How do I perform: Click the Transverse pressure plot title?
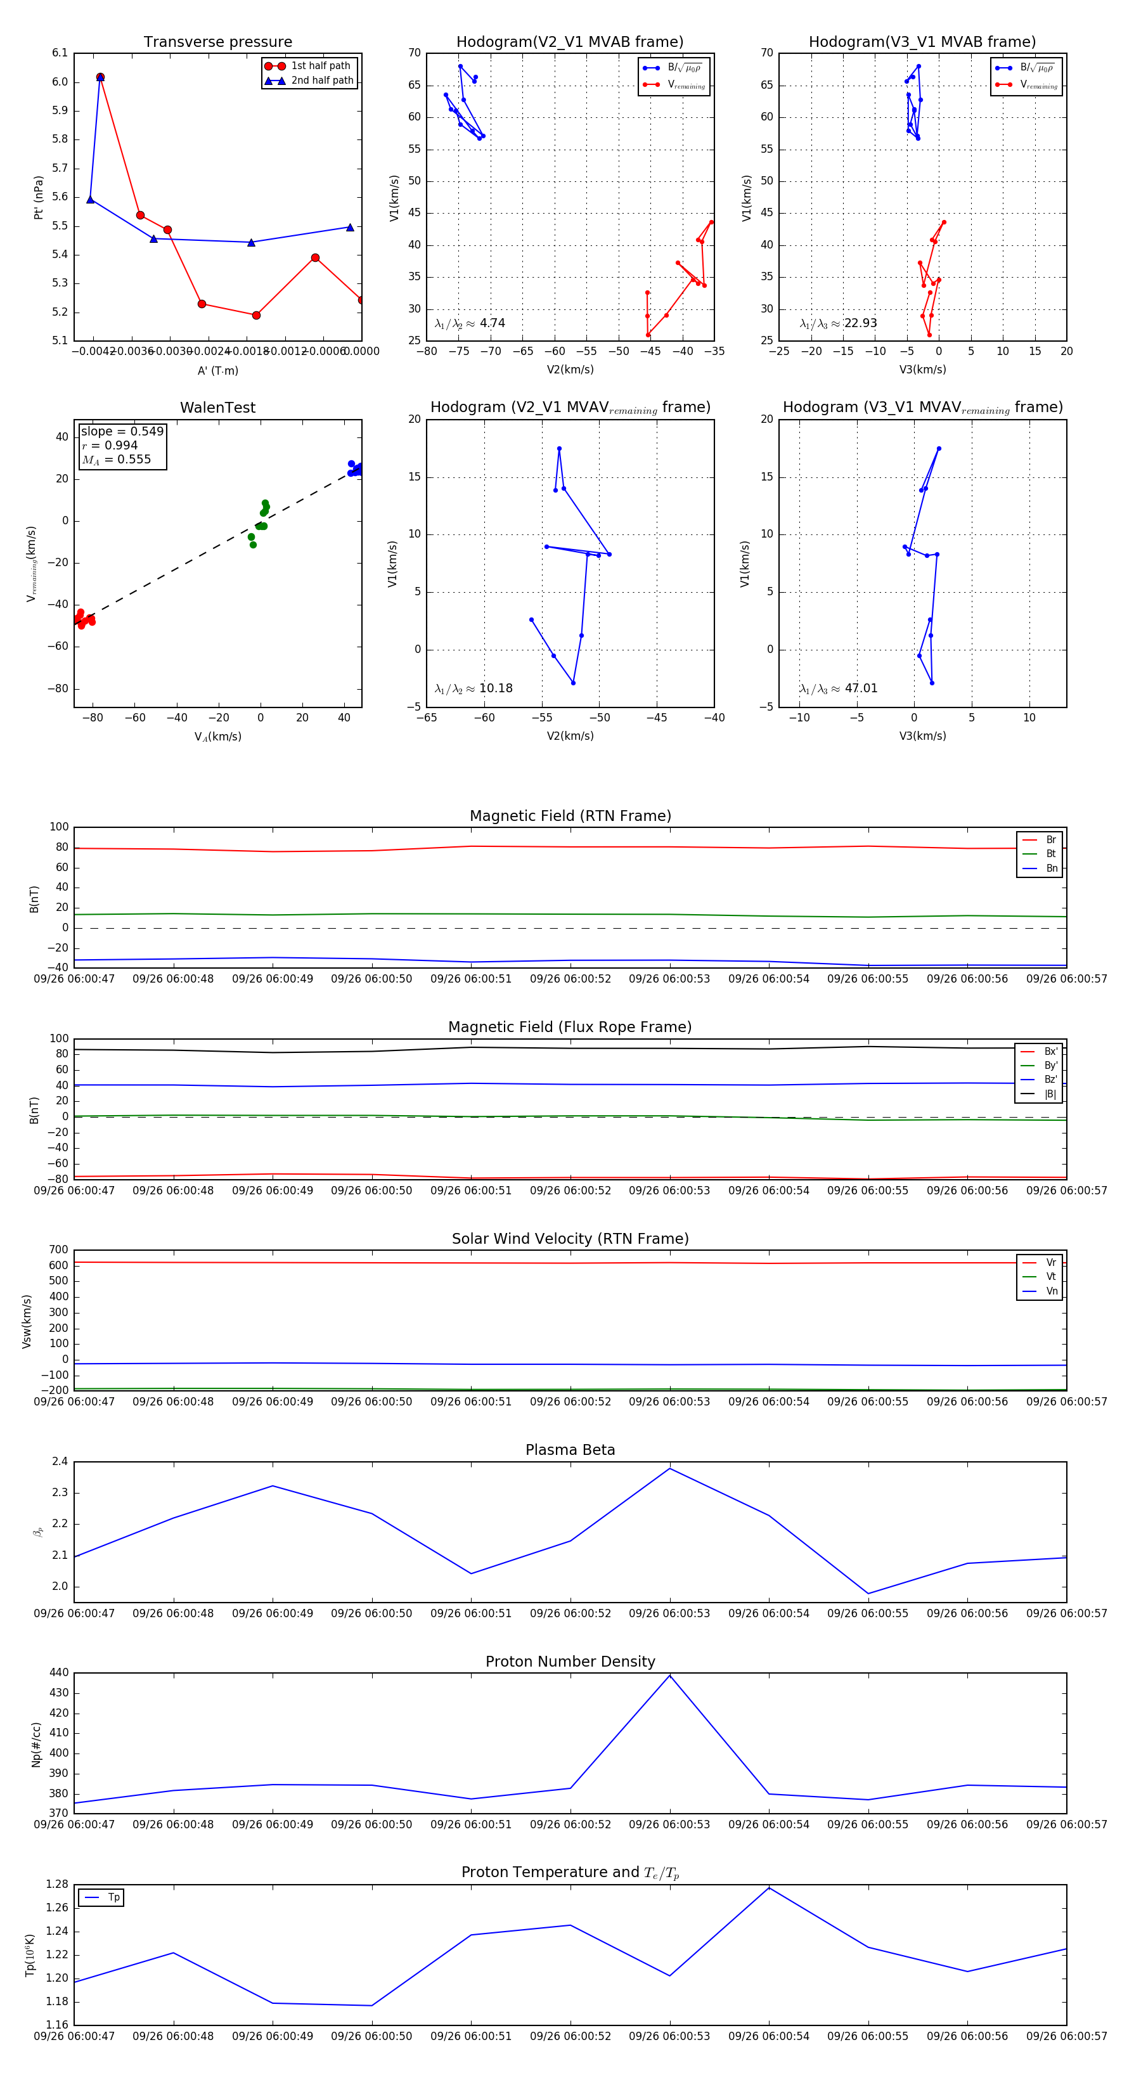(217, 42)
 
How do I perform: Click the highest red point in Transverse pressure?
(100, 77)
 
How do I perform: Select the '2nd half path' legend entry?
(321, 81)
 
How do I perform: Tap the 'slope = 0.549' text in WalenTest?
(122, 431)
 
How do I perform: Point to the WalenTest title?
(217, 408)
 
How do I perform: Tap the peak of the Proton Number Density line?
(669, 1676)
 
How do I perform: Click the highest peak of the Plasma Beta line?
(669, 1468)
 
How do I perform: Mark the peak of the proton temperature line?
(768, 1887)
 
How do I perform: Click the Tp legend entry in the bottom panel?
(113, 1897)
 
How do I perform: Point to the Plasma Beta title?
(570, 1450)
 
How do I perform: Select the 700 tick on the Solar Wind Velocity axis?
(58, 1250)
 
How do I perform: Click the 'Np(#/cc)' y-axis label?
(35, 1745)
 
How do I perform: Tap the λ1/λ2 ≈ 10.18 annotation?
(474, 688)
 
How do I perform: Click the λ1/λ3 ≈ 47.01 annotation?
(838, 688)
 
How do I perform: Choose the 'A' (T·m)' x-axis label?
(217, 371)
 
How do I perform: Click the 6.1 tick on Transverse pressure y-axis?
(60, 53)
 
